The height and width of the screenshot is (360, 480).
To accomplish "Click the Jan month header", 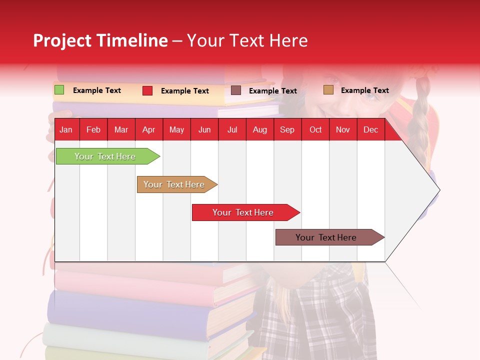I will [x=66, y=130].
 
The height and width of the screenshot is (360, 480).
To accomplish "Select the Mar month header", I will [x=121, y=130].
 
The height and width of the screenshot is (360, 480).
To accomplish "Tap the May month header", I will [x=176, y=130].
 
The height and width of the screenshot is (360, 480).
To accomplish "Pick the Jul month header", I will [x=232, y=130].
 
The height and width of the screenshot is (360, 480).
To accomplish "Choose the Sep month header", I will [x=287, y=130].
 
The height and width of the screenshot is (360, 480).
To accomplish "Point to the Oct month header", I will [x=315, y=130].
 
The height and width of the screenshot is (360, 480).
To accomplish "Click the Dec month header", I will [x=370, y=130].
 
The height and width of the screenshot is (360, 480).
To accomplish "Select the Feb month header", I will [x=93, y=130].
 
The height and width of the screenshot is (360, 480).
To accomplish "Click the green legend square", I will [x=59, y=90].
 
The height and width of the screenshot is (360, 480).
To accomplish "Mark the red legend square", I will [x=147, y=90].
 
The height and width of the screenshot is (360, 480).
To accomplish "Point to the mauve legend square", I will [x=236, y=90].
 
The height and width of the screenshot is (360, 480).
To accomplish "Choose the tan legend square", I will [x=328, y=90].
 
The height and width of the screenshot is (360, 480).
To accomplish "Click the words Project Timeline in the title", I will [x=100, y=40].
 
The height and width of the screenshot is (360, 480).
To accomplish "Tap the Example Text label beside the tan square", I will [x=364, y=90].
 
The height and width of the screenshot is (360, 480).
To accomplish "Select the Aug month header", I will [x=259, y=130].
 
